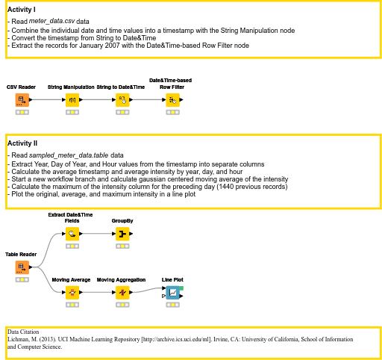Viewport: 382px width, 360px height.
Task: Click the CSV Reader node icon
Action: point(22,100)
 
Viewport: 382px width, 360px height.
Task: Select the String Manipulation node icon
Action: point(72,100)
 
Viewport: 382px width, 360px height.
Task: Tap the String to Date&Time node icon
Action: point(122,100)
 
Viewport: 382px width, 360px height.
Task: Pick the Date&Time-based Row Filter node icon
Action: point(172,100)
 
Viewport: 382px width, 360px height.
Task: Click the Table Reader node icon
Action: point(22,267)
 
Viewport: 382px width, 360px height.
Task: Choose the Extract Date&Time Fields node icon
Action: point(72,234)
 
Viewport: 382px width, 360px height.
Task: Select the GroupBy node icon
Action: point(122,234)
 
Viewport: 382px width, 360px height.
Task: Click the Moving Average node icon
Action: point(72,293)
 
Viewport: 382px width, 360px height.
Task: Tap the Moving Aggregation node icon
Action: point(122,293)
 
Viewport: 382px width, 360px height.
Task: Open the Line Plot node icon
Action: point(172,293)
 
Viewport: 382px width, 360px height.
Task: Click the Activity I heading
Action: point(22,10)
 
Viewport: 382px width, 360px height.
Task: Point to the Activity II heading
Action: point(22,143)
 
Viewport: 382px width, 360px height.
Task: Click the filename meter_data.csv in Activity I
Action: point(51,21)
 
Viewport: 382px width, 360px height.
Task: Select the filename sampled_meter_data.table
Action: point(69,155)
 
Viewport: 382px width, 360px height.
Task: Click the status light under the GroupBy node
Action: point(122,246)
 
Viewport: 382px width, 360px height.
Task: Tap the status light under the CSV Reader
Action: point(22,112)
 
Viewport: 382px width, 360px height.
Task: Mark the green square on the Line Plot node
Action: point(181,288)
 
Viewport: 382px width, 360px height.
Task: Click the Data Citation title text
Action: point(23,332)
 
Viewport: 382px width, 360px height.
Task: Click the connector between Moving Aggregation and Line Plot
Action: point(148,291)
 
